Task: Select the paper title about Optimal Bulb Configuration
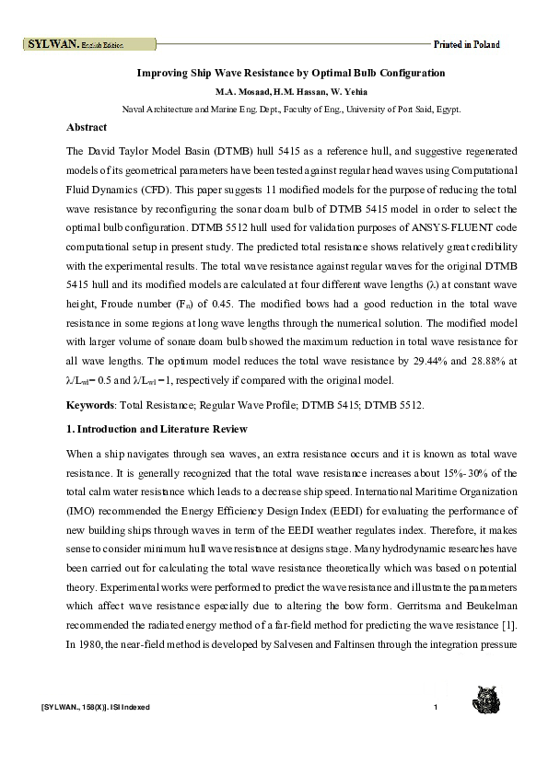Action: click(291, 73)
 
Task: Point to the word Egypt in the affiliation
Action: click(449, 109)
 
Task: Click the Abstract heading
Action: click(87, 127)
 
